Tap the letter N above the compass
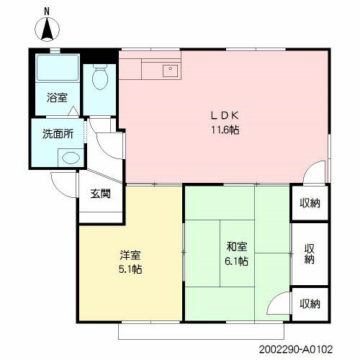tap(48, 11)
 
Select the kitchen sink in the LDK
tap(171, 70)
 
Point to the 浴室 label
tap(57, 97)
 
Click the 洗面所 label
tap(58, 133)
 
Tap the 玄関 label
tap(100, 193)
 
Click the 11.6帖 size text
tap(225, 130)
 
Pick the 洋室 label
tap(130, 255)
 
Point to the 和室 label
tap(235, 247)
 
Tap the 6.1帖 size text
tap(235, 261)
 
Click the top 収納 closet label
tap(310, 203)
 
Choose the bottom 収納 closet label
tap(310, 304)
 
